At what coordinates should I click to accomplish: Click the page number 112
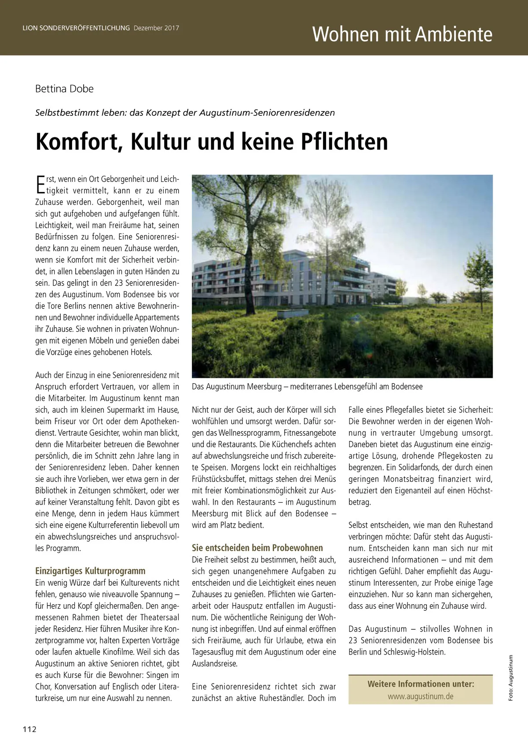point(29,729)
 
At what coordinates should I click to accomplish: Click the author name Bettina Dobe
point(64,89)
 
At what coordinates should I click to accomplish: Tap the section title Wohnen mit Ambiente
point(402,34)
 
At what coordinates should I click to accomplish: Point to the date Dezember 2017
point(156,28)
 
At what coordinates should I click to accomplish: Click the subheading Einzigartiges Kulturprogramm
point(90,571)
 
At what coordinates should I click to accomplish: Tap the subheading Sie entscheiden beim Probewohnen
point(257,548)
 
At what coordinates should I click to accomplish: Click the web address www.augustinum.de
point(420,696)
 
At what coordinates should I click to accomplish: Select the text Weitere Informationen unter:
point(421,684)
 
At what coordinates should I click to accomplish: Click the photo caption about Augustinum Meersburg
point(307,387)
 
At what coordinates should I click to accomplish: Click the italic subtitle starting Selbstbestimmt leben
point(185,113)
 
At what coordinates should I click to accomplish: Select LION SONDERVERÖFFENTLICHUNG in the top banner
point(76,28)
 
